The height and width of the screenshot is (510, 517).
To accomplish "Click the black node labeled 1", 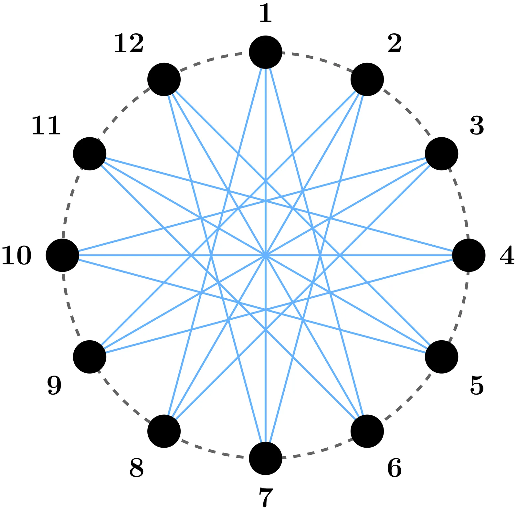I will (266, 52).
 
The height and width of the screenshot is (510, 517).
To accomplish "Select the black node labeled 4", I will (469, 255).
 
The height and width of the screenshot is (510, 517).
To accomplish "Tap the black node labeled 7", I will (266, 458).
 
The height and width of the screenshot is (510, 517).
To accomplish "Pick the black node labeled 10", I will (62, 255).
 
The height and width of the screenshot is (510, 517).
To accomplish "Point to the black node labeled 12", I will (164, 79).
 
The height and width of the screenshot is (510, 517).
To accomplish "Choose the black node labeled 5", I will (441, 357).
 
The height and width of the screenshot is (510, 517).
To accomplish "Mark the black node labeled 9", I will (90, 357).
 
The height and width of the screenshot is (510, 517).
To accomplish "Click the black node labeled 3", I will (441, 154).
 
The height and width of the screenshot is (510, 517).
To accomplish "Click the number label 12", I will (129, 44).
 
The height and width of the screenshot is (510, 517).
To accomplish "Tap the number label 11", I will (46, 126).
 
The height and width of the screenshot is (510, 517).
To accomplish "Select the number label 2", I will (395, 44).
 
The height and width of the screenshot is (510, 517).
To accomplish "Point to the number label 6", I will (394, 468).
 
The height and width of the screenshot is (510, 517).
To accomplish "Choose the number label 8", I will (136, 468).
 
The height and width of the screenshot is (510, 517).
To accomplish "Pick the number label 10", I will (16, 256).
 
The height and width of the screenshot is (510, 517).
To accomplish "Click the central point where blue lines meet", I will (266, 255).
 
